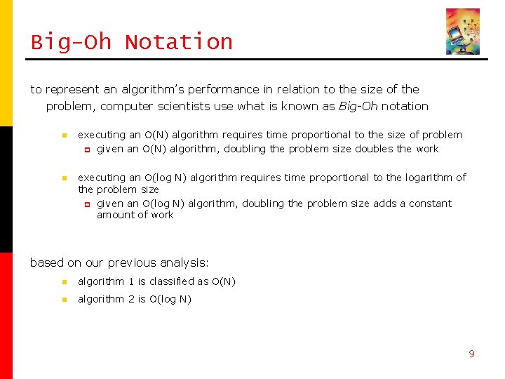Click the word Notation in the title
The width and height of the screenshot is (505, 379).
point(179,42)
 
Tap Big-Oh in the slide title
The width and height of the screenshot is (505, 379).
point(71,42)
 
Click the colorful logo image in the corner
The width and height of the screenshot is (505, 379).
point(463,32)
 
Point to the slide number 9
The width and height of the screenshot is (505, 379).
point(471,354)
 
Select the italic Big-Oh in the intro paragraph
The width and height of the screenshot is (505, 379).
point(358,107)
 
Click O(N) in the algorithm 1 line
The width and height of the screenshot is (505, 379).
point(224,281)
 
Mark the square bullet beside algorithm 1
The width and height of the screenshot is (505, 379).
point(62,282)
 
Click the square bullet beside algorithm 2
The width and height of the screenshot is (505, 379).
point(62,300)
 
